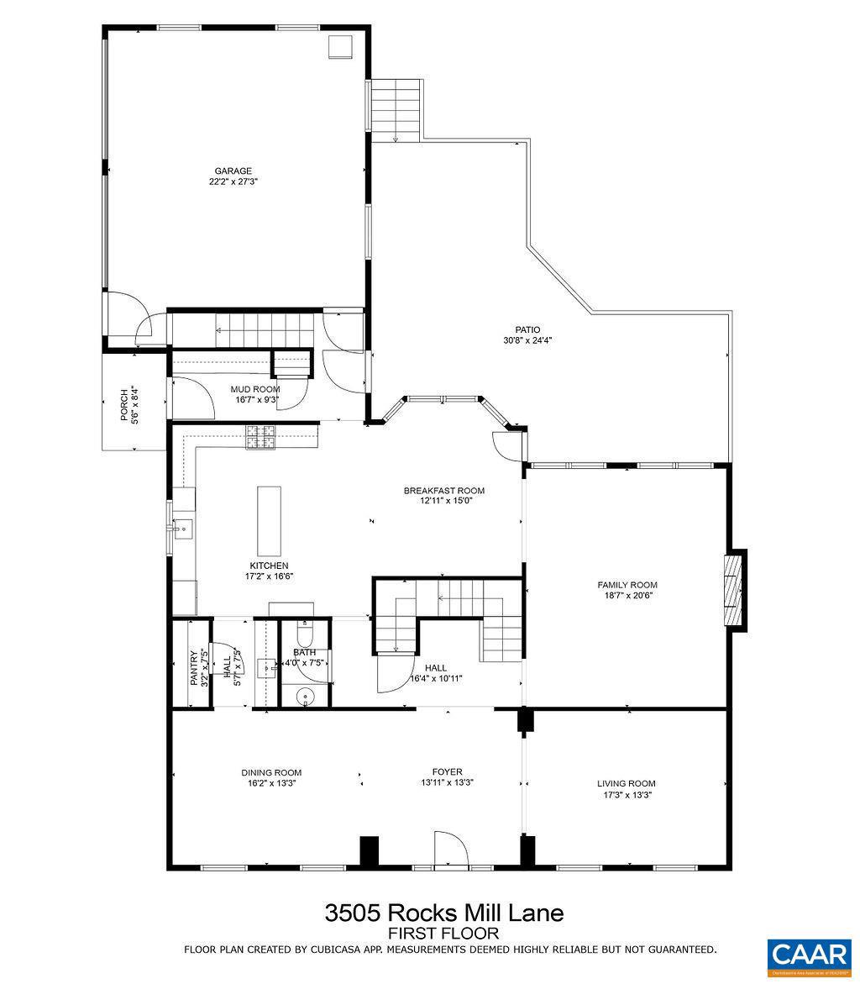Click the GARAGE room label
pos(233,171)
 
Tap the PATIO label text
pos(527,329)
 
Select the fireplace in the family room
pos(735,588)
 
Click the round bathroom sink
pos(305,695)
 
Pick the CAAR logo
pos(808,954)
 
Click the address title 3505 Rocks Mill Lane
pos(443,913)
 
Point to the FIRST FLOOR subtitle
pos(443,934)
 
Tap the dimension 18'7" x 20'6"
pos(627,596)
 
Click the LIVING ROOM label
pos(627,783)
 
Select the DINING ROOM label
pos(271,772)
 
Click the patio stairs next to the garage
pos(396,109)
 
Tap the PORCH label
pos(124,404)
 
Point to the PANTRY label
pos(194,668)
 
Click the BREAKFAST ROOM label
pos(443,491)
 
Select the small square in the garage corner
pos(340,48)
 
